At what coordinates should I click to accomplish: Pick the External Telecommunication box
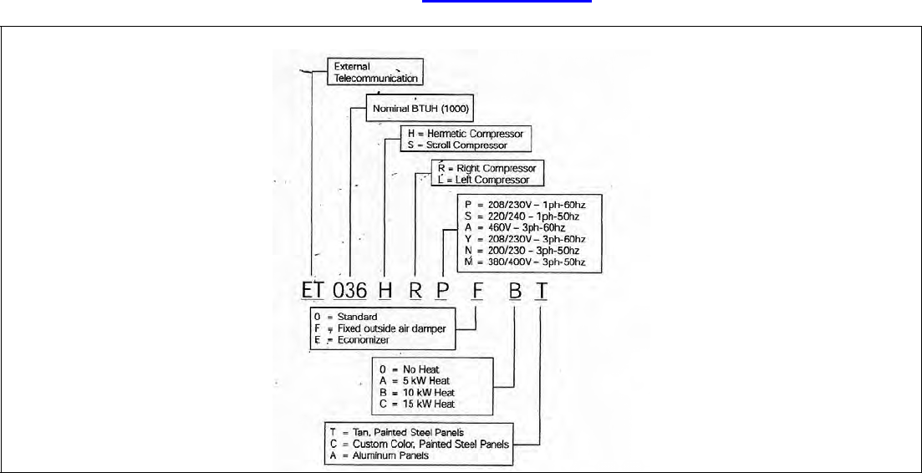tap(375, 72)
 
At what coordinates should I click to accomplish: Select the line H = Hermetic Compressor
tap(465, 134)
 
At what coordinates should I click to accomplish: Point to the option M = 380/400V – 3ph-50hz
tap(524, 262)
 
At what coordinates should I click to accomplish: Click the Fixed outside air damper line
tap(385, 328)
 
